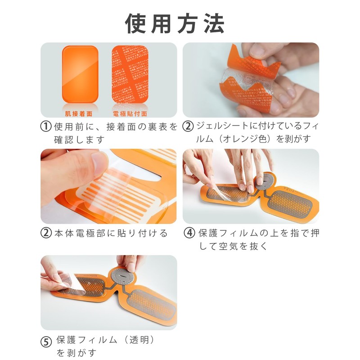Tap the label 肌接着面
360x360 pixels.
coord(79,114)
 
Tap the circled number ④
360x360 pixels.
coord(189,234)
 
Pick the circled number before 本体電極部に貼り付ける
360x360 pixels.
coord(45,234)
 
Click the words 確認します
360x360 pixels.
coord(81,139)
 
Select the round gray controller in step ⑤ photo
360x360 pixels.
coord(122,279)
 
